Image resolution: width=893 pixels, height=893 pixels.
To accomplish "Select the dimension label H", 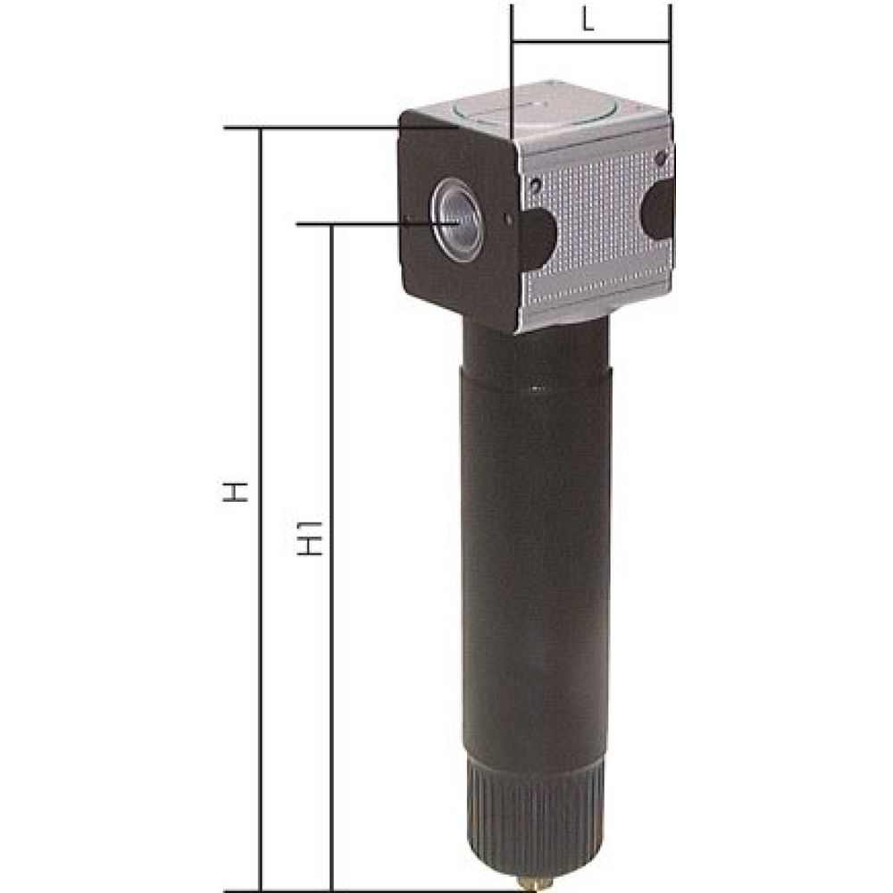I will click(235, 492).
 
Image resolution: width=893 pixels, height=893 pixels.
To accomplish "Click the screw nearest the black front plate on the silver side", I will click(534, 185).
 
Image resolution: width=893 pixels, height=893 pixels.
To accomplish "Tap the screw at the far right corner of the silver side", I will click(659, 157).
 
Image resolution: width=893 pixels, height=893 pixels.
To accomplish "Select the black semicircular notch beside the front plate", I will click(538, 239).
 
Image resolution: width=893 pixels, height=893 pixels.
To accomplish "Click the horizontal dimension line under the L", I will click(589, 41).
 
